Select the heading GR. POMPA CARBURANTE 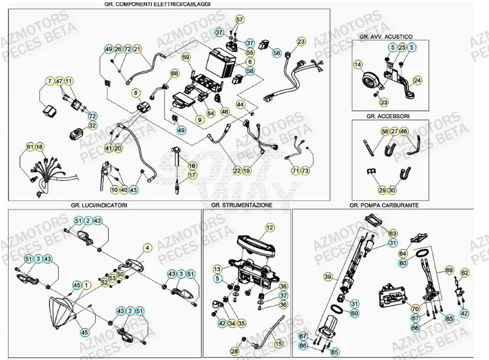pos(384,204)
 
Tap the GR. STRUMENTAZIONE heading pos(241,204)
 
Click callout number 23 pos(301,41)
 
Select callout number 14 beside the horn pos(357,65)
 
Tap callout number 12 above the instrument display pos(269,227)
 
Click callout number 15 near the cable pos(278,344)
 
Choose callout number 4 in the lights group pos(147,248)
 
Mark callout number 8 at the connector pos(135,92)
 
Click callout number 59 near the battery pos(186,57)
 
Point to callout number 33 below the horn pos(383,103)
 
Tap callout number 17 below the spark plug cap pos(192,175)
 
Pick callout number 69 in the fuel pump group pos(449,270)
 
